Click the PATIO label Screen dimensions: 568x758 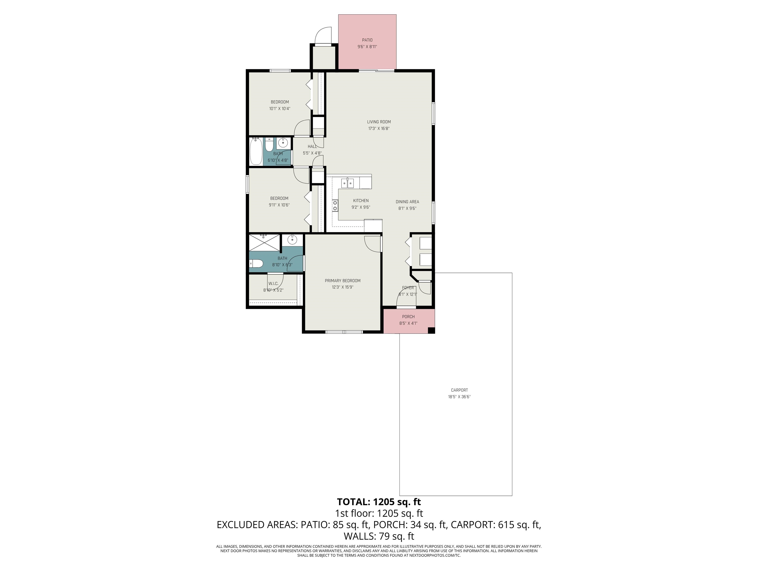click(x=367, y=40)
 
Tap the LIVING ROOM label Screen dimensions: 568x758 click(x=379, y=122)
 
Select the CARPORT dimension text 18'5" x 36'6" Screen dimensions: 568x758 click(x=459, y=397)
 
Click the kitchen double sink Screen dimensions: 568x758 click(x=348, y=183)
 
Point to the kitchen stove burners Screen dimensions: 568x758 click(x=335, y=206)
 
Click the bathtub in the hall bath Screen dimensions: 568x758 click(x=256, y=151)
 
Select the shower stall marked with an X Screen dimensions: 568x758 click(x=265, y=243)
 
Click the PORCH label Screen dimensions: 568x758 click(x=408, y=317)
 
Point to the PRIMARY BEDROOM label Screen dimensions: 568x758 click(x=342, y=281)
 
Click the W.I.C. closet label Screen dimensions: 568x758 click(x=273, y=284)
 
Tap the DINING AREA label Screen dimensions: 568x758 click(x=407, y=202)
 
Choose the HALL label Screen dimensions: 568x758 click(x=312, y=146)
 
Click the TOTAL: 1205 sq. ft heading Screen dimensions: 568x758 click(x=379, y=502)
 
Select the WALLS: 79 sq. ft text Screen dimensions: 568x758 click(x=379, y=536)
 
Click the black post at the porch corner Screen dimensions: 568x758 click(x=431, y=330)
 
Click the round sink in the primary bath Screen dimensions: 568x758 click(x=292, y=240)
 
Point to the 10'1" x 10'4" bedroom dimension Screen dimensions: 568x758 click(x=280, y=108)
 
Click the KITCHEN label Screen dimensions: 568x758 click(x=361, y=201)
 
